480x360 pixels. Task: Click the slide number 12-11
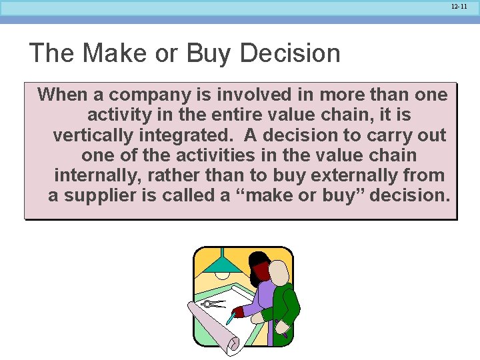459,6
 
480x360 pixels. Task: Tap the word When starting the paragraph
63,95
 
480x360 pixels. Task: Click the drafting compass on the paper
213,304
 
